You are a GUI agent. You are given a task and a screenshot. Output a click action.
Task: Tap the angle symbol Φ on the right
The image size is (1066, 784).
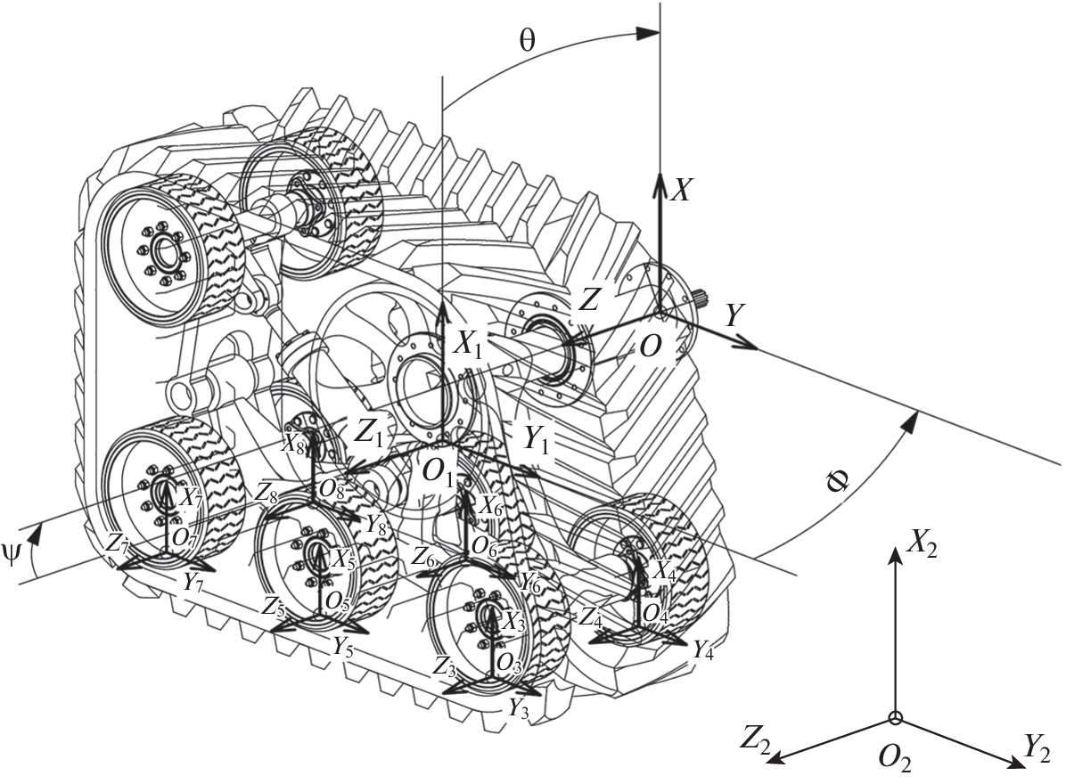point(838,482)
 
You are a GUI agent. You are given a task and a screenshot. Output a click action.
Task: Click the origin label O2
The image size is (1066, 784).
point(894,759)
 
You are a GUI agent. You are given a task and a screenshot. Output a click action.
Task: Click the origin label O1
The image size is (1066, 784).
point(438,477)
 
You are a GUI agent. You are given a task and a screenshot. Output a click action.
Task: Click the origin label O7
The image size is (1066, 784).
point(184,536)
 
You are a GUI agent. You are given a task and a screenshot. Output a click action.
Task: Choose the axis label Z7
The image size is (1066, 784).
point(117,543)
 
